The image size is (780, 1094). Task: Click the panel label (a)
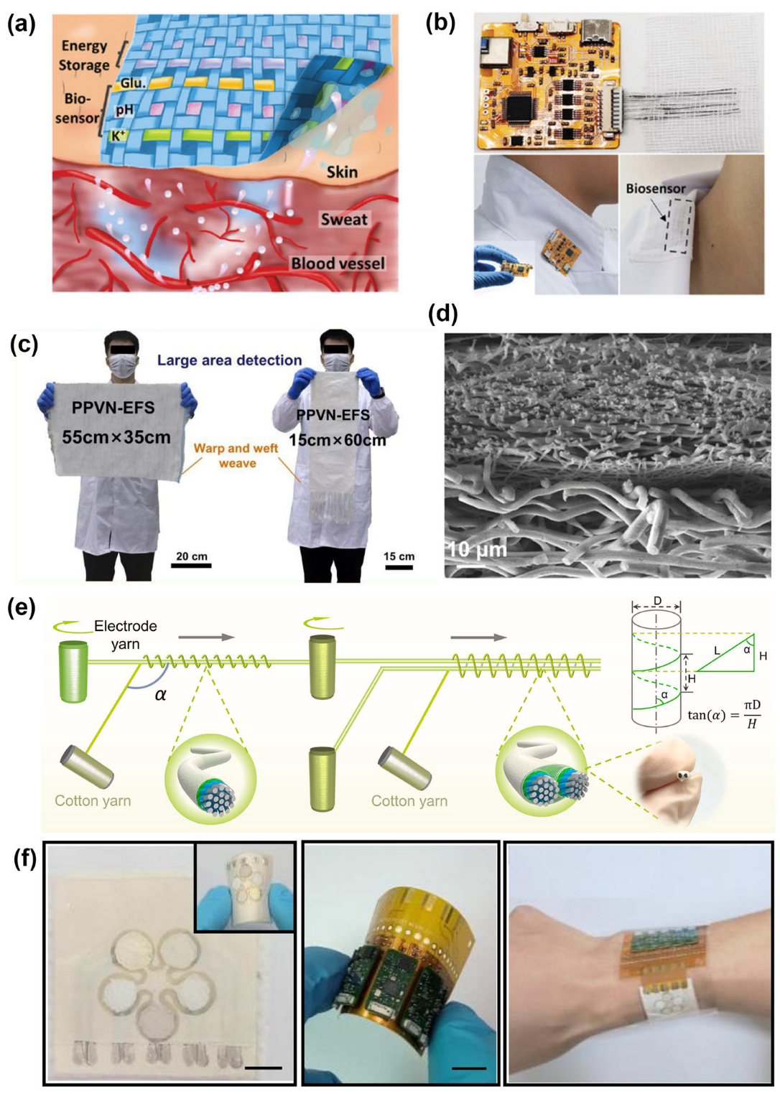(x=22, y=24)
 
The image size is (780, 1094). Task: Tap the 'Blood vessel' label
(x=338, y=263)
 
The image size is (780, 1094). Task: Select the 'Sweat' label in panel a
(x=344, y=220)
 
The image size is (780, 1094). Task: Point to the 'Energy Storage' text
(x=84, y=55)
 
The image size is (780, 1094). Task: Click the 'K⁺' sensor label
(x=117, y=135)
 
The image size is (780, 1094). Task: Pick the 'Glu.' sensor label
(x=132, y=83)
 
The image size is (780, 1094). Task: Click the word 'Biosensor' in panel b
(x=655, y=189)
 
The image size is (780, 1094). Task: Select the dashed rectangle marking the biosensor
(x=677, y=225)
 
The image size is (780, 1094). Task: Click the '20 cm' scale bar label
(x=191, y=556)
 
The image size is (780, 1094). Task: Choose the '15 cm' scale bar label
(x=399, y=556)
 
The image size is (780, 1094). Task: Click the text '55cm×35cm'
(x=116, y=437)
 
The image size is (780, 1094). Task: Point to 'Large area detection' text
(x=229, y=360)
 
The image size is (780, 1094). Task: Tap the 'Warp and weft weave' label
(x=236, y=456)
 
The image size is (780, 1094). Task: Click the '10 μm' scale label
(x=477, y=551)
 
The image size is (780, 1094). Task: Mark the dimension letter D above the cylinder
(x=657, y=602)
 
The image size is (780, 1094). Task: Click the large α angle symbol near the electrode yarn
(x=160, y=694)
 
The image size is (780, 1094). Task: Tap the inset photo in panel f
(x=245, y=887)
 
